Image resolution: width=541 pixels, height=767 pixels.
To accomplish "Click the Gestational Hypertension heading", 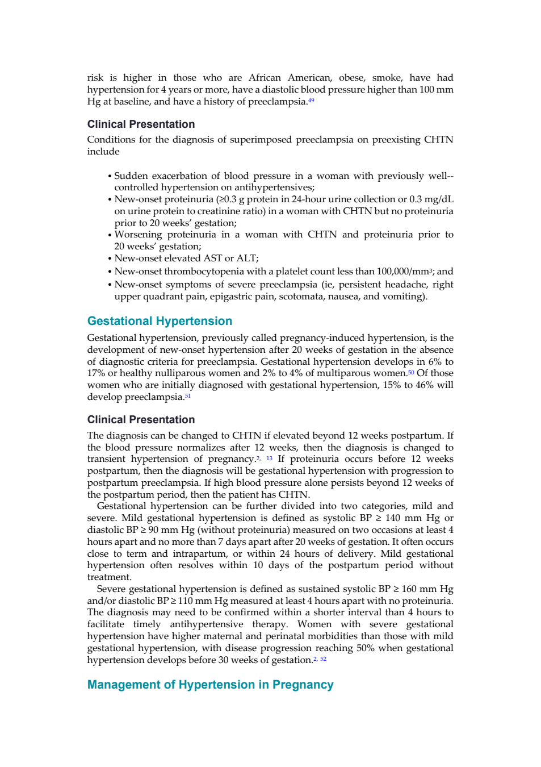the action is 160,321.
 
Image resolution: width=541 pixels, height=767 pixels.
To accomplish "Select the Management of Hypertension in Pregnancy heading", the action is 210,685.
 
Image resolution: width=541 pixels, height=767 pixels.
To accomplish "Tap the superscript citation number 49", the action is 311,101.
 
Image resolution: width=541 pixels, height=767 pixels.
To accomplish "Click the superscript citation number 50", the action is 411,372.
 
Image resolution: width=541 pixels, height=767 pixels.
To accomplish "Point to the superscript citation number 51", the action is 187,396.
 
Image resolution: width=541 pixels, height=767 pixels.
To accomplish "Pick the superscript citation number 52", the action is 324,659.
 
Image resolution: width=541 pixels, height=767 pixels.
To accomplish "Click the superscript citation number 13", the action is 269,458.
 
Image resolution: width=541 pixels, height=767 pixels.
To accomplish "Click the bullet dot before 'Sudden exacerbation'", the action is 110,177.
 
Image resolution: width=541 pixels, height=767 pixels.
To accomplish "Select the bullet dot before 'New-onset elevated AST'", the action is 110,259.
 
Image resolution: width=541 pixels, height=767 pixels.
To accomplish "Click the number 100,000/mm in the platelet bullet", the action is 402,272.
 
